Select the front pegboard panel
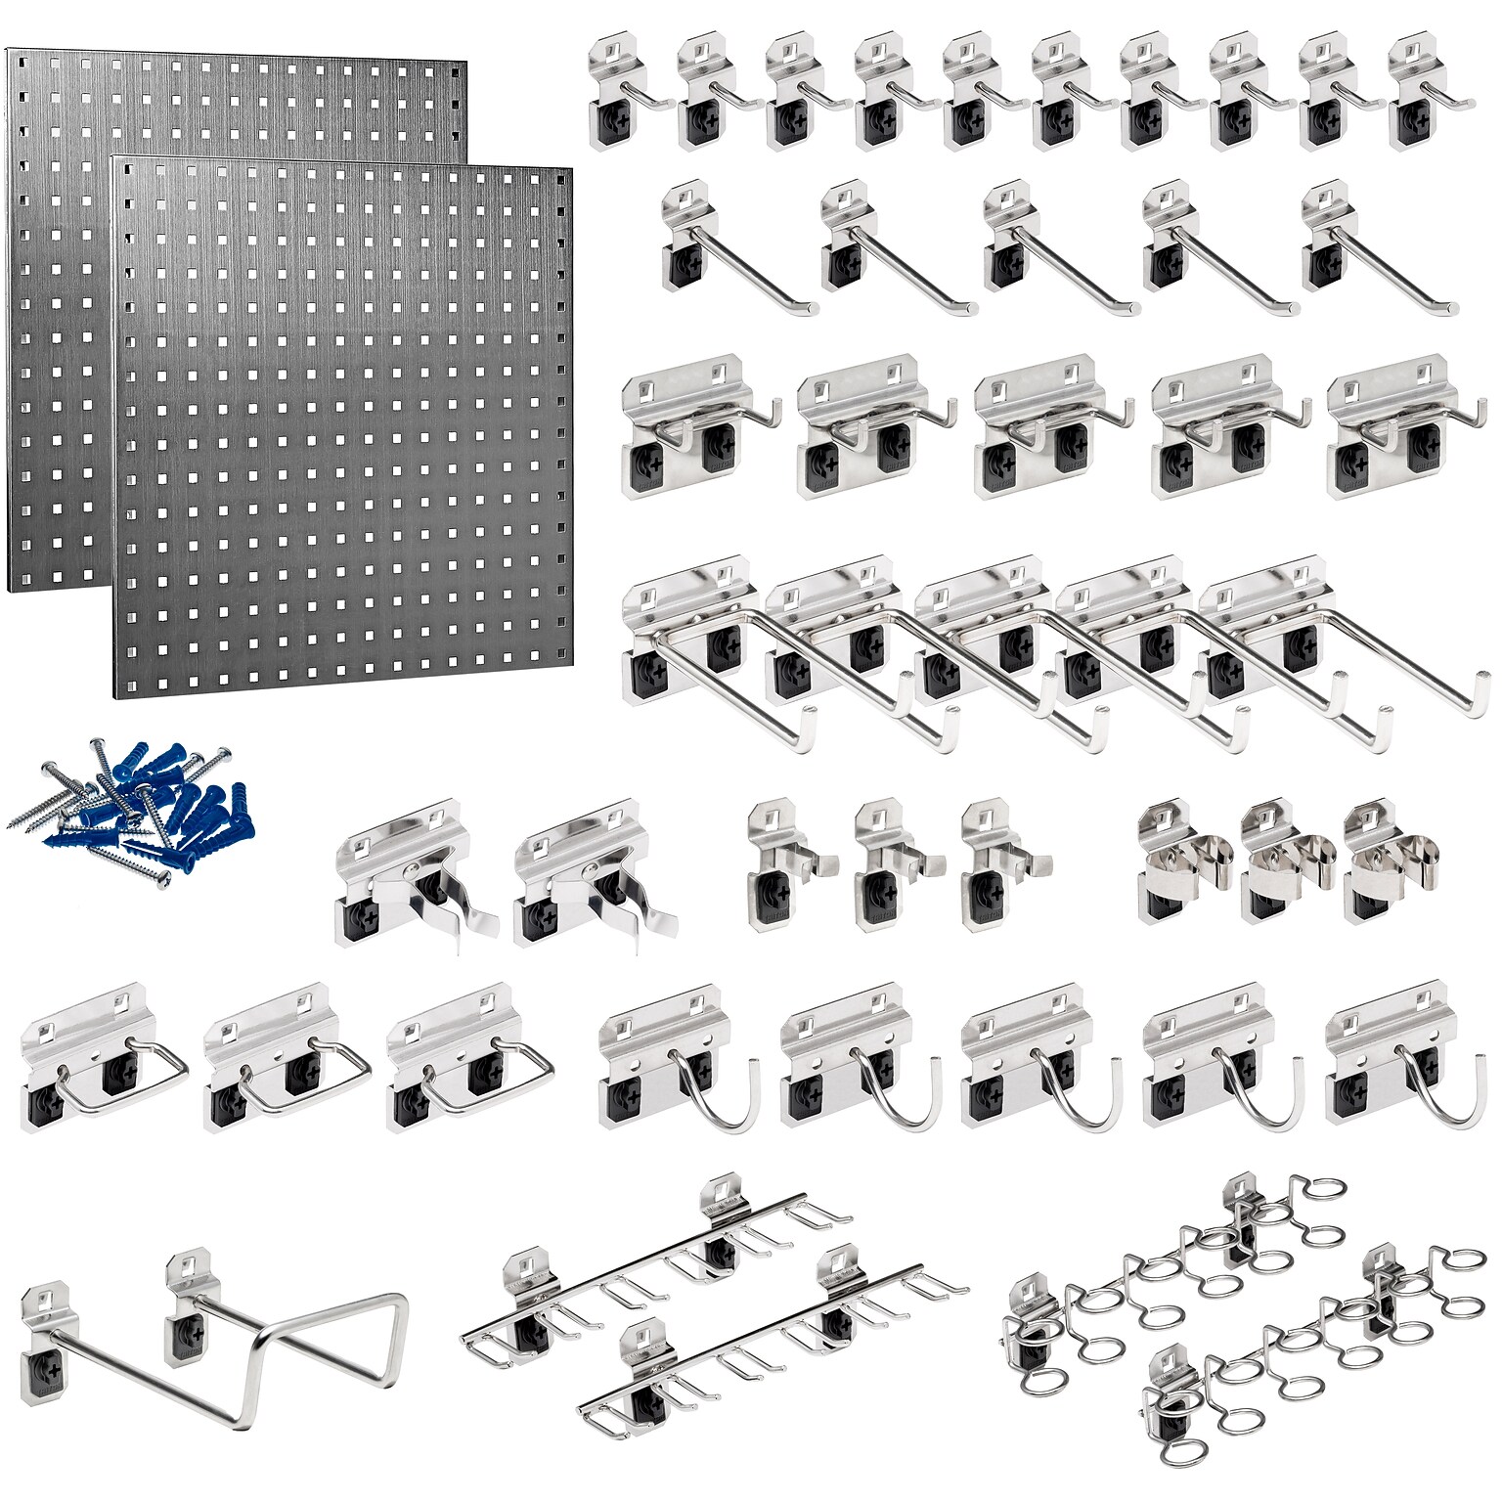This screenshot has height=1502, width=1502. tap(342, 430)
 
